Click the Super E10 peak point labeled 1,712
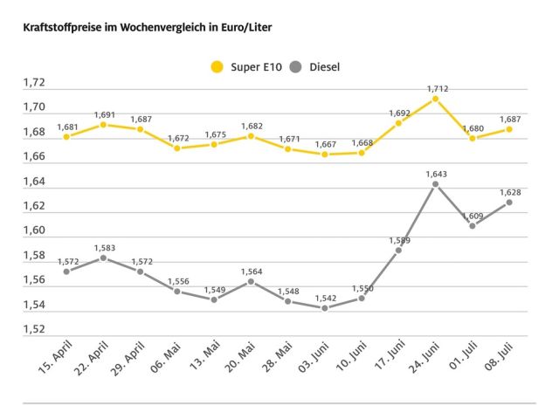[x=435, y=99]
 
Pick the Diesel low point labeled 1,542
[x=324, y=308]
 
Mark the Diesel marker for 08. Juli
[x=509, y=202]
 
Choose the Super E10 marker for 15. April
[x=66, y=137]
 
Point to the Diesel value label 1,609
[x=473, y=215]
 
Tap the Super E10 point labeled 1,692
[x=398, y=123]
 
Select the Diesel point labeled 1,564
[x=251, y=281]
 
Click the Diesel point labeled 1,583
[x=103, y=258]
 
